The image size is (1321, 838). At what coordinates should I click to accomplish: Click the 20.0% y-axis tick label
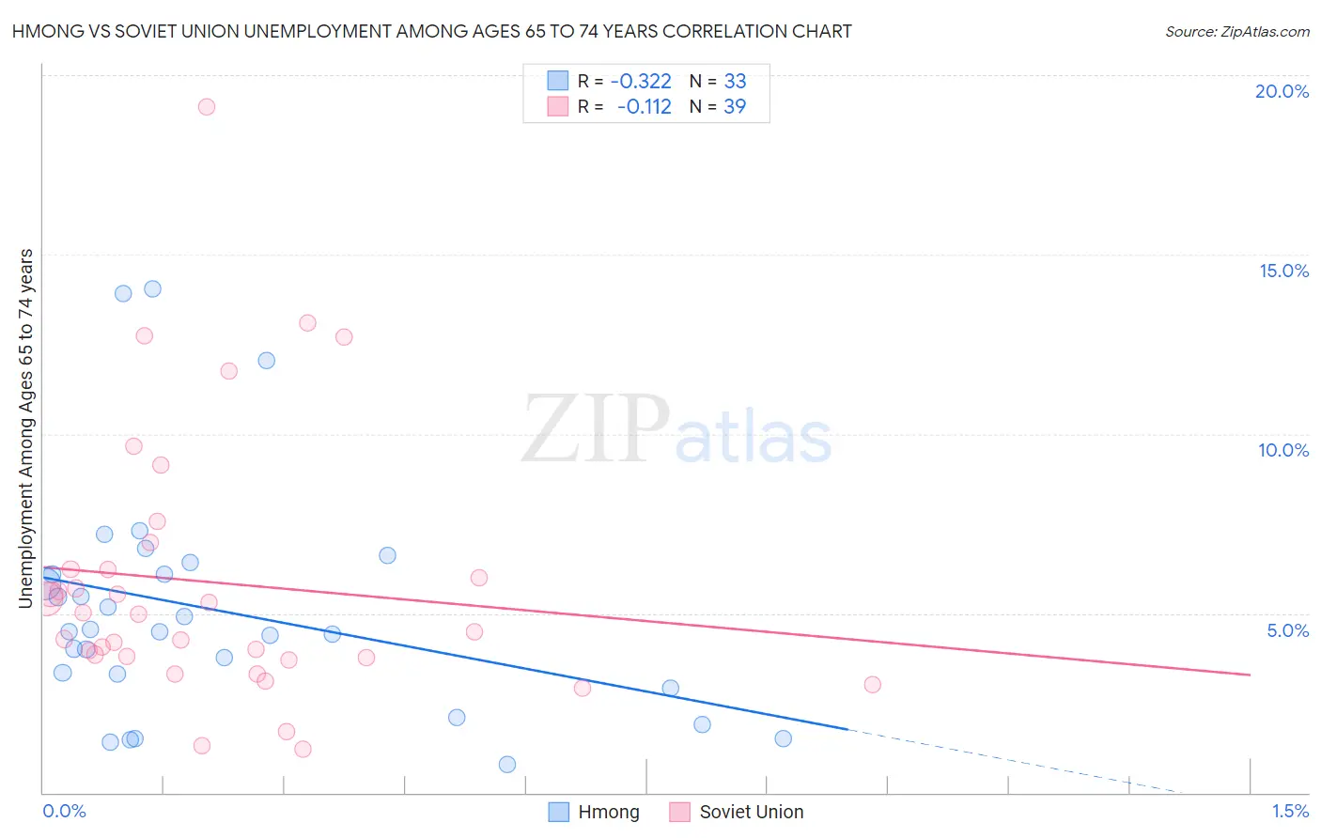tap(1282, 91)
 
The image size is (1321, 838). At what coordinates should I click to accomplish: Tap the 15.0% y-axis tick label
tap(1283, 271)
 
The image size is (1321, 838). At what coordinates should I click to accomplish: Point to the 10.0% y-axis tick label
tap(1283, 450)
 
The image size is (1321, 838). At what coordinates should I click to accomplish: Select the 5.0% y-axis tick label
tap(1287, 630)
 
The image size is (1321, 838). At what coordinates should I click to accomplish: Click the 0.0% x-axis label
tap(64, 811)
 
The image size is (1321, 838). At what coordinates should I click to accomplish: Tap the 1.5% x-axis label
tap(1290, 811)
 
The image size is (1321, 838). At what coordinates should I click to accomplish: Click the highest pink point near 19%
tap(207, 107)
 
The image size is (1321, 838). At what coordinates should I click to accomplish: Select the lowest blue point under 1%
tap(507, 765)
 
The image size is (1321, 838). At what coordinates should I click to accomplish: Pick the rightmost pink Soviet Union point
tap(872, 685)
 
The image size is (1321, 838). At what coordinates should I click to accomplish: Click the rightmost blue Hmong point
tap(783, 738)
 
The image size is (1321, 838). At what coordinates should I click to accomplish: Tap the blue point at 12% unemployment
tap(267, 361)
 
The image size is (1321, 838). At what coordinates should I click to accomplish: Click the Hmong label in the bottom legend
tap(608, 812)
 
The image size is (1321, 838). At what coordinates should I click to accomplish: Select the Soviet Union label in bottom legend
tap(751, 812)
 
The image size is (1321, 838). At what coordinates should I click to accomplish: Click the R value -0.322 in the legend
tap(641, 82)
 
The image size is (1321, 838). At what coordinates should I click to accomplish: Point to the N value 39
tap(735, 107)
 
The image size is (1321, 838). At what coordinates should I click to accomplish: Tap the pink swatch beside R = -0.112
tap(558, 107)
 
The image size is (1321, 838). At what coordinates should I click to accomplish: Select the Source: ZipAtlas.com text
tap(1236, 32)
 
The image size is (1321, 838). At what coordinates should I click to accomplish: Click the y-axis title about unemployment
tap(26, 427)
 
